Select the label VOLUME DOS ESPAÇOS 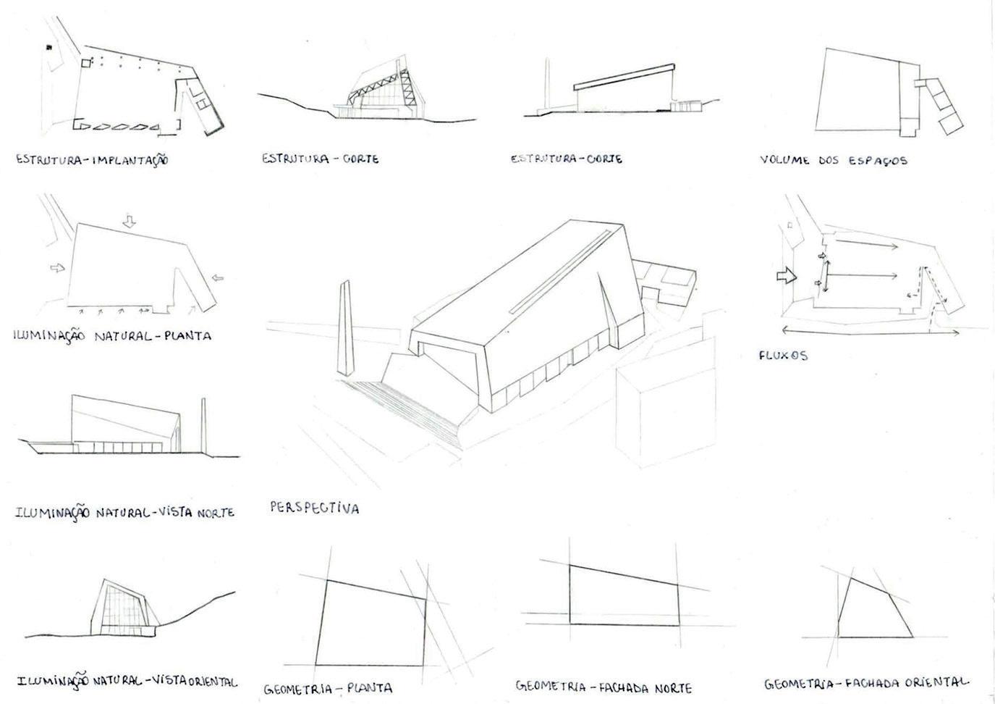(833, 160)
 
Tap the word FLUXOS (783, 356)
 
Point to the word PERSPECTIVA (314, 508)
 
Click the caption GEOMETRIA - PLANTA (328, 687)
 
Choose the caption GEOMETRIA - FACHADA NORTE (604, 687)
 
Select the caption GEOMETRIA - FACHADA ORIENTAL (866, 682)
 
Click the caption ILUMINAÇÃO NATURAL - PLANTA (112, 336)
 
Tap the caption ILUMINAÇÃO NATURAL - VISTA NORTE (124, 512)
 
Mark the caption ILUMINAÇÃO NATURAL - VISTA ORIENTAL (127, 682)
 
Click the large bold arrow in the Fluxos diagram (786, 275)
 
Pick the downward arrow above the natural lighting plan (129, 222)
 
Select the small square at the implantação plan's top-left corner (86, 64)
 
